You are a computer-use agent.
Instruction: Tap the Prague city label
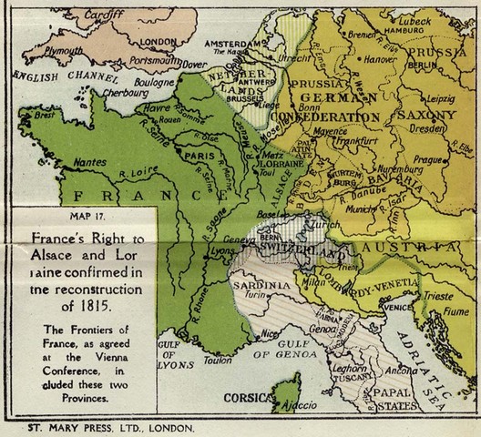(x=431, y=159)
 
